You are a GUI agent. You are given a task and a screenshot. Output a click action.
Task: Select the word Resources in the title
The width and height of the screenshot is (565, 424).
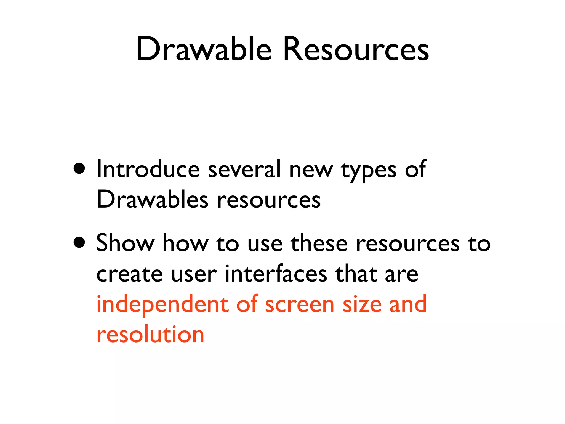[x=356, y=50]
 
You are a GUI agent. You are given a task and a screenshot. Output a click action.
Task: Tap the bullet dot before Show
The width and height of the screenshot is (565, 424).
[x=79, y=242]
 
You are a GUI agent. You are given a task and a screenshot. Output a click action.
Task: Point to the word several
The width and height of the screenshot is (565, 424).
[x=244, y=169]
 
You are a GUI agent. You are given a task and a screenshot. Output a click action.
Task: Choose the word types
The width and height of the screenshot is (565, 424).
[x=369, y=171]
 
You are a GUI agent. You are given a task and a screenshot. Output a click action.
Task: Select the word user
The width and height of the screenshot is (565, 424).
[x=194, y=274]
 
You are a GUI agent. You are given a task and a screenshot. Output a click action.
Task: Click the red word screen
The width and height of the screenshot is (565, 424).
[x=300, y=305]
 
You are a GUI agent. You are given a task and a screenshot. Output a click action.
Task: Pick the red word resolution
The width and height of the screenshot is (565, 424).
[x=150, y=335]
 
